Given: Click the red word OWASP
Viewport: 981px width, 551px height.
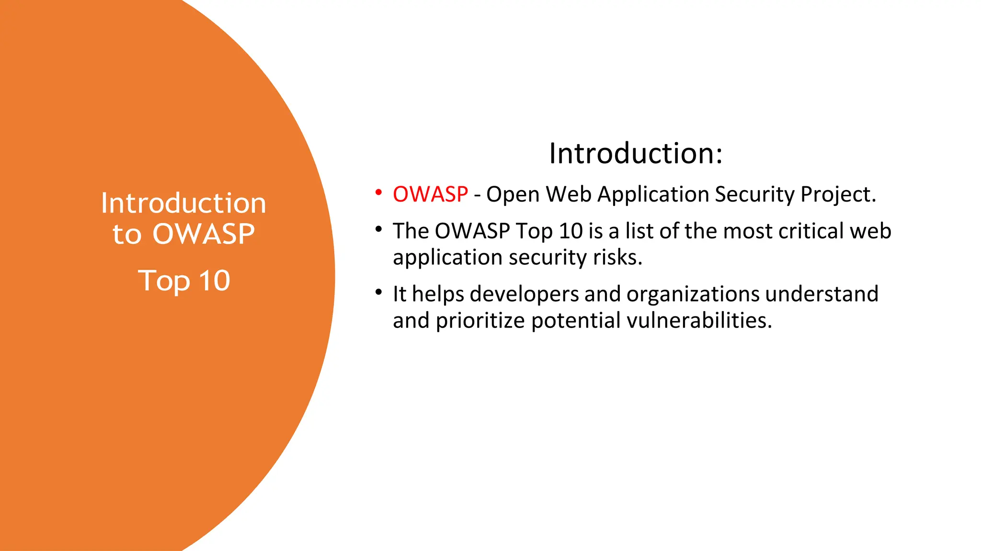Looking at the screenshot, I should coord(430,194).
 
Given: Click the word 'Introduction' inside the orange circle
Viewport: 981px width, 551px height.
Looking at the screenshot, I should coord(183,203).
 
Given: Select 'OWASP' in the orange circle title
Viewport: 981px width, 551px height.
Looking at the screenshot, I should coord(204,234).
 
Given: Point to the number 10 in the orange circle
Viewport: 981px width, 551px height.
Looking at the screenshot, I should coord(215,281).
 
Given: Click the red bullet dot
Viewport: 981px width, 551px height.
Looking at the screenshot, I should coord(378,192).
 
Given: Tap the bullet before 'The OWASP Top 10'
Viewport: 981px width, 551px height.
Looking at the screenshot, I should coord(378,229).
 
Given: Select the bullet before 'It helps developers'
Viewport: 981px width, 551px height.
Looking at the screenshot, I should coord(378,292).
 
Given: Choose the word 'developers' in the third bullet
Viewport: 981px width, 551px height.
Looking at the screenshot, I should coord(524,294).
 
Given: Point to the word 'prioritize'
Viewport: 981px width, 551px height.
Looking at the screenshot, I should coord(480,321).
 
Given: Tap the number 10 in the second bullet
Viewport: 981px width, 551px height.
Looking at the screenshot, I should coord(570,231).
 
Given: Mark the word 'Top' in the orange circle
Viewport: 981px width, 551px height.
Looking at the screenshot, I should coord(164,281).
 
